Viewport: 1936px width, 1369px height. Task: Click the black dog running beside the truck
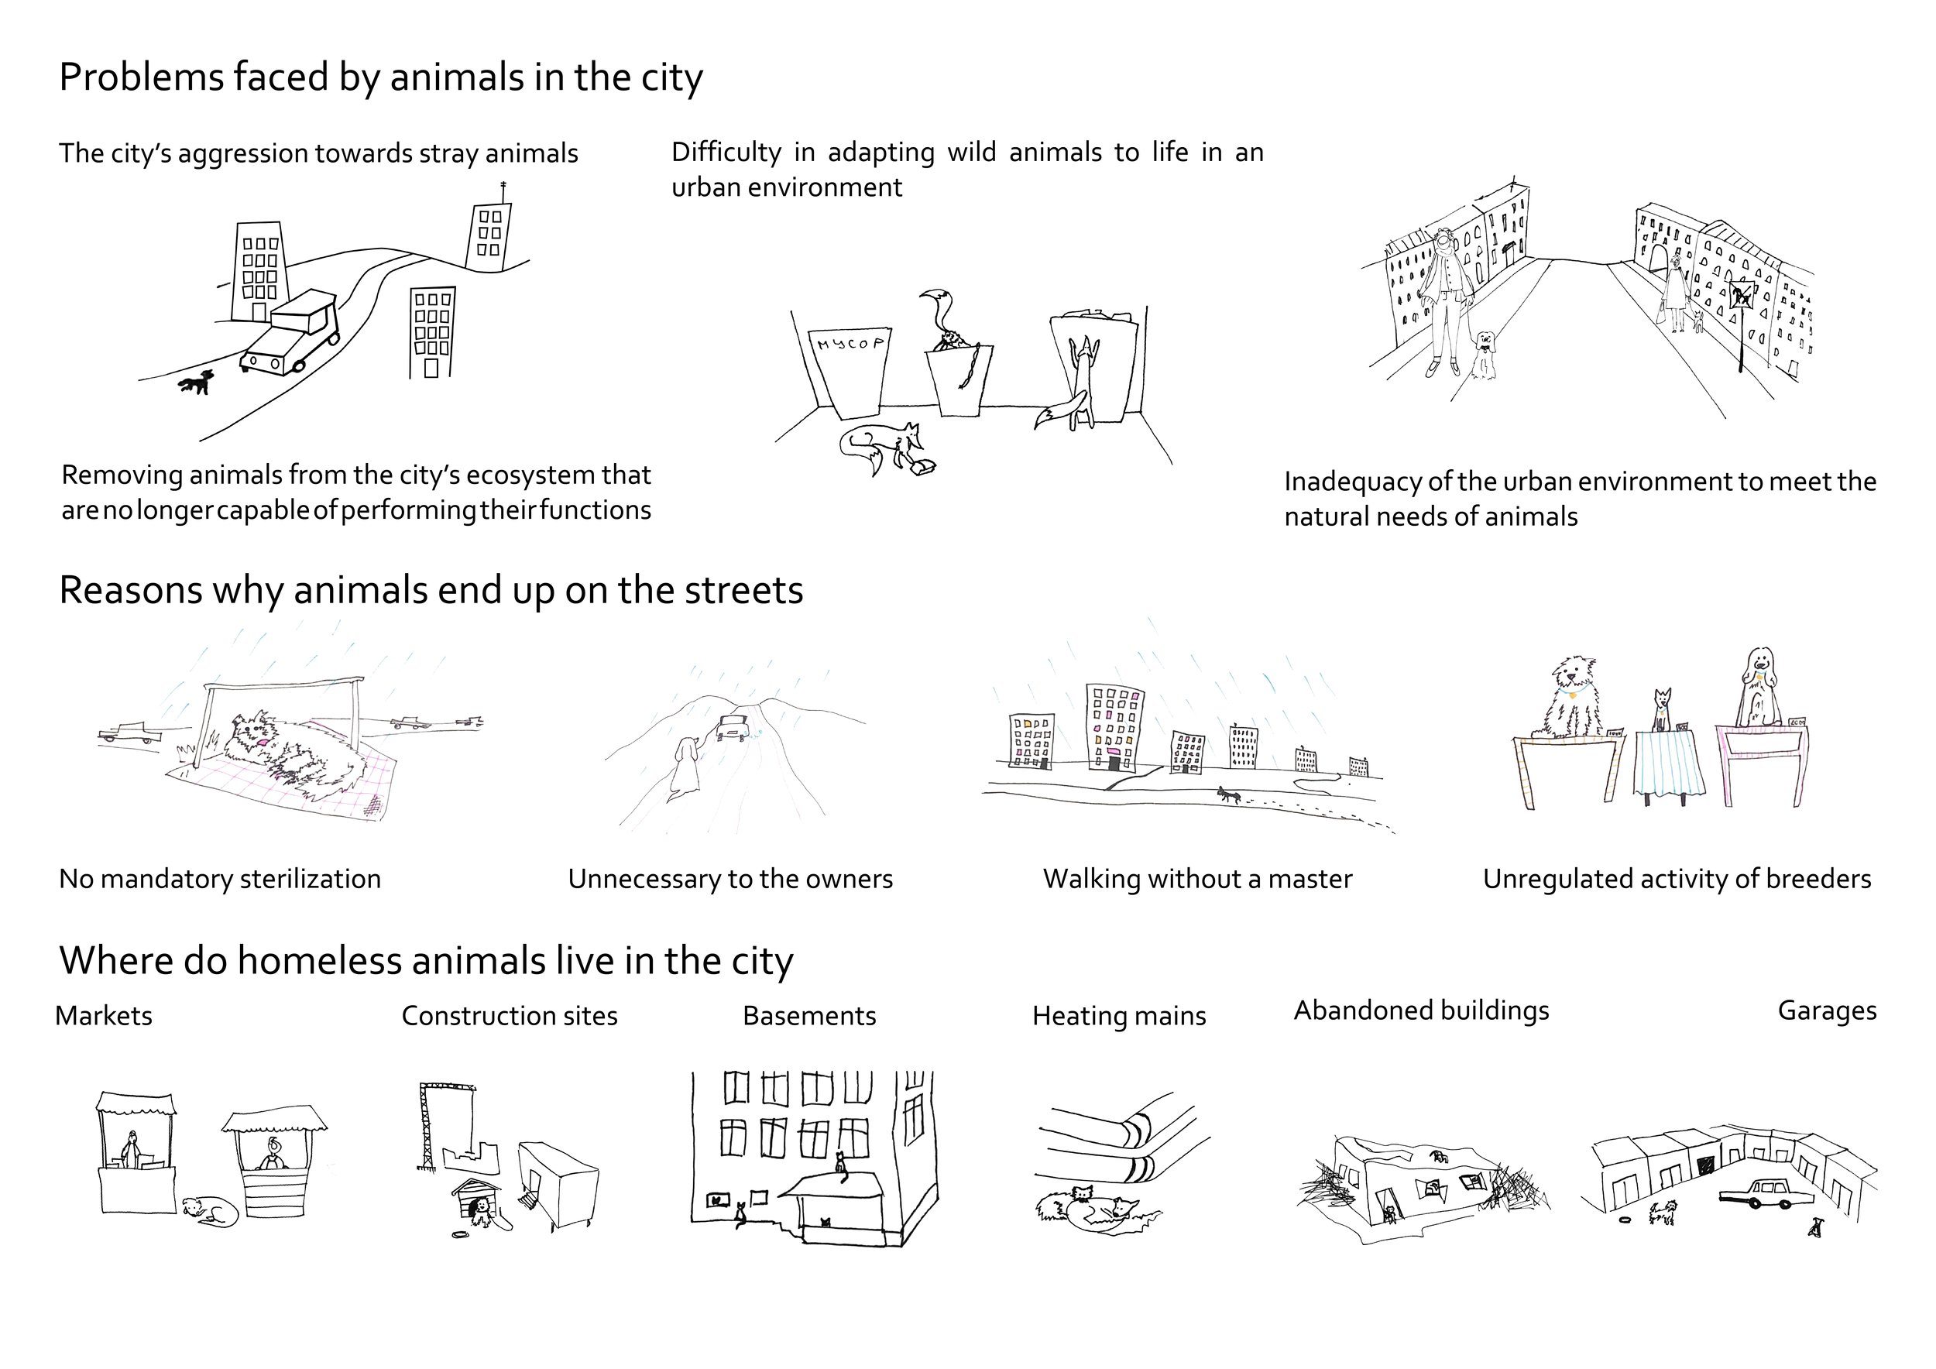(197, 383)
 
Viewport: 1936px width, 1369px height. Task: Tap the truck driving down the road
(291, 335)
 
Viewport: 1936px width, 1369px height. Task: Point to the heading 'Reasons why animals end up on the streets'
(431, 590)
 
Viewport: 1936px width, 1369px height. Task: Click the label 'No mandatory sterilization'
(220, 879)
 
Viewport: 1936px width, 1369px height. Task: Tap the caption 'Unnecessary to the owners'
(730, 879)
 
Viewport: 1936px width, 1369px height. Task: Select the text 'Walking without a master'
(1197, 879)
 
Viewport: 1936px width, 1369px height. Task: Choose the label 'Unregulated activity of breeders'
(1677, 879)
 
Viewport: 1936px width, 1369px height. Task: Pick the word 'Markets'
(104, 1016)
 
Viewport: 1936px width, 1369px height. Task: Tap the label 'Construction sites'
(510, 1016)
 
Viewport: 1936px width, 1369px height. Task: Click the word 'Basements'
(809, 1016)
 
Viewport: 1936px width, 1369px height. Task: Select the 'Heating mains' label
(1119, 1016)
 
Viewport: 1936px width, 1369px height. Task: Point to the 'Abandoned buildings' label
(1422, 1010)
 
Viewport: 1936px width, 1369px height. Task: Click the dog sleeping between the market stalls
(208, 1210)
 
